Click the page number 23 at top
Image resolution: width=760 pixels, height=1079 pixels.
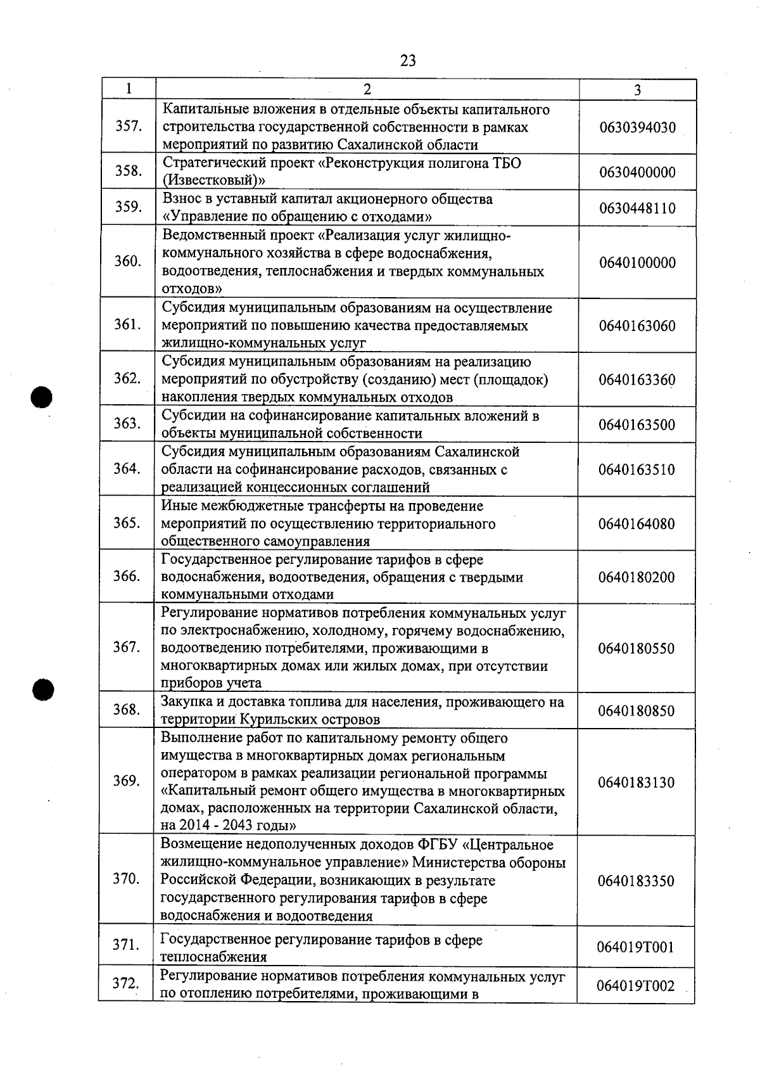tap(408, 60)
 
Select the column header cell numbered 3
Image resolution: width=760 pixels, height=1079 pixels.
tap(637, 89)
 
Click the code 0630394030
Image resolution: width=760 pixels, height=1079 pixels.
tap(637, 127)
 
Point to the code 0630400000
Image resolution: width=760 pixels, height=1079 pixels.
tap(637, 172)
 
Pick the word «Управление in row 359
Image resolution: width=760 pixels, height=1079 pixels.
tap(207, 217)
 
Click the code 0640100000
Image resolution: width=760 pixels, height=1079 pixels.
tap(637, 262)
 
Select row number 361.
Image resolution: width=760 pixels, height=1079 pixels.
tap(127, 324)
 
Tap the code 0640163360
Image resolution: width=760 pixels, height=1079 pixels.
tap(637, 380)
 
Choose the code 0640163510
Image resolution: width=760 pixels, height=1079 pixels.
tap(636, 469)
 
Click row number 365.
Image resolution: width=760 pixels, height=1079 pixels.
tap(127, 523)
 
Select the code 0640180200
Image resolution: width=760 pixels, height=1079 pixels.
tap(636, 577)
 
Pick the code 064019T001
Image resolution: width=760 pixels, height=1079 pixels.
tap(636, 948)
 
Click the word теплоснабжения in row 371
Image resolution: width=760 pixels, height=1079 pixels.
tap(213, 957)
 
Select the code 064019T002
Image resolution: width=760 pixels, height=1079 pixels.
tap(636, 986)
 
